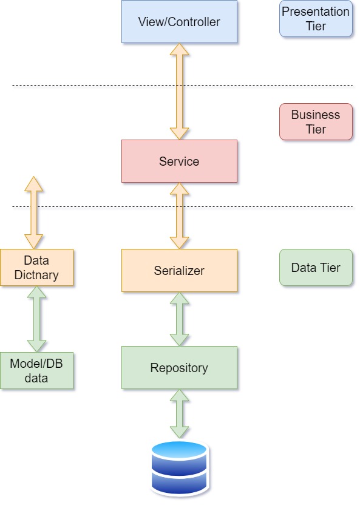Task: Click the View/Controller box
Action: pyautogui.click(x=179, y=22)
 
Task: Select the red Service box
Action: pyautogui.click(x=179, y=161)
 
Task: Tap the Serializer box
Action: pyautogui.click(x=179, y=271)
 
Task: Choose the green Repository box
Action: pyautogui.click(x=179, y=368)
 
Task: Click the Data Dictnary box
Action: pyautogui.click(x=36, y=268)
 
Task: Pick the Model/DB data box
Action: pyautogui.click(x=36, y=371)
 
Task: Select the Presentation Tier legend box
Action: pyautogui.click(x=316, y=19)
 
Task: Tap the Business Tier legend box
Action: pyautogui.click(x=316, y=122)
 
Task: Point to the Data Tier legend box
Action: pyautogui.click(x=316, y=268)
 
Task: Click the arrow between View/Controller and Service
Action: pyautogui.click(x=179, y=92)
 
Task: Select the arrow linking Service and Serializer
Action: pyautogui.click(x=179, y=216)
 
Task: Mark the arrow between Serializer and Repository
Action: pyautogui.click(x=179, y=319)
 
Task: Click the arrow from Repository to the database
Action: pyautogui.click(x=179, y=414)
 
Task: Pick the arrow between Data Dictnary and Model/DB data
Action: pyautogui.click(x=36, y=319)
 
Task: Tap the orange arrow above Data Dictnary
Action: pyautogui.click(x=33, y=213)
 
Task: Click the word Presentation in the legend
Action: pyautogui.click(x=316, y=12)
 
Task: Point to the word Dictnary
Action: pyautogui.click(x=36, y=275)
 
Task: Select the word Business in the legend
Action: pyautogui.click(x=316, y=115)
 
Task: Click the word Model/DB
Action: pyautogui.click(x=36, y=364)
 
